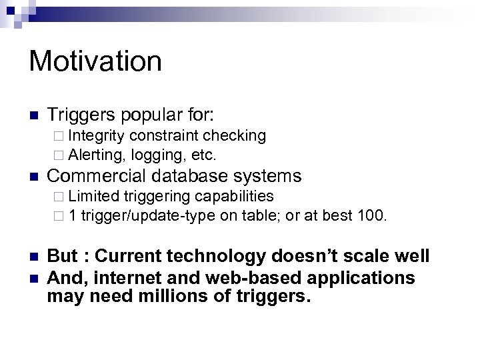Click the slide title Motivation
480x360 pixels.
pos(95,61)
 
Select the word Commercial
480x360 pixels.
pos(97,176)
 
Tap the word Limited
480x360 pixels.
pos(93,196)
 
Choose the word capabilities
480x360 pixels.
pos(233,196)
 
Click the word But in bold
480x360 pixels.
pos(62,257)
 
